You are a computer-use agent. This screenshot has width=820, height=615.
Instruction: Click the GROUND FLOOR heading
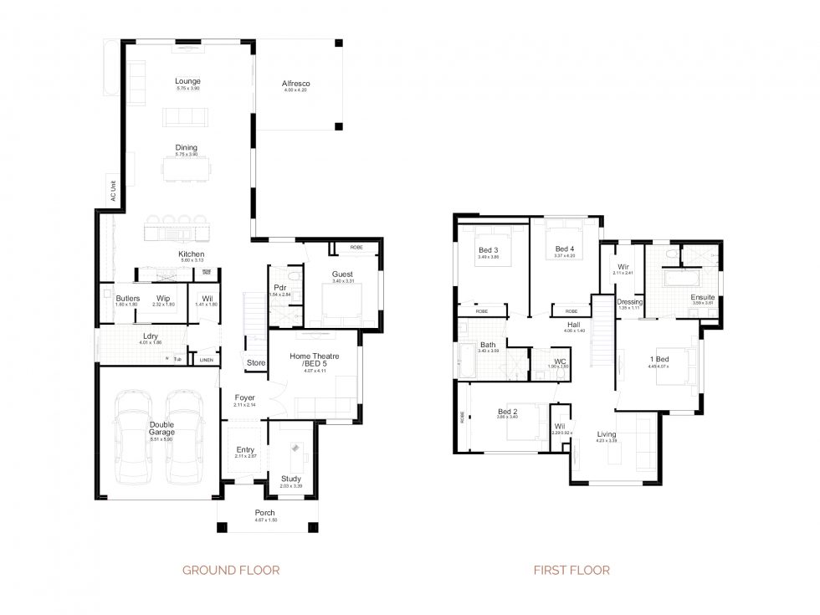(x=230, y=571)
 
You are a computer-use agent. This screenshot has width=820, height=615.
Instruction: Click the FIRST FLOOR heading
(x=571, y=571)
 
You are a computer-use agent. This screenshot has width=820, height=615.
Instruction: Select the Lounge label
(x=187, y=81)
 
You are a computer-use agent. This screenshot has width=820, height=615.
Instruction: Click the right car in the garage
(x=184, y=439)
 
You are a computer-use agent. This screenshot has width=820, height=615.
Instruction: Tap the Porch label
(x=264, y=513)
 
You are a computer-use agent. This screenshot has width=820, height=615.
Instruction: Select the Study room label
(x=290, y=479)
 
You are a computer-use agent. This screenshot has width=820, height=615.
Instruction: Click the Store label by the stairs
(x=256, y=362)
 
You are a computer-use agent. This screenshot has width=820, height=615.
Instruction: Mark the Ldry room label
(x=151, y=336)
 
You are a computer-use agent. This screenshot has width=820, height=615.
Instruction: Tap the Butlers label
(x=127, y=298)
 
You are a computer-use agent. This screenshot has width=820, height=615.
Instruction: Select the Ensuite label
(x=702, y=297)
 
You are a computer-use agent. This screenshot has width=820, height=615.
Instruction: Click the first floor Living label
(x=607, y=434)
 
